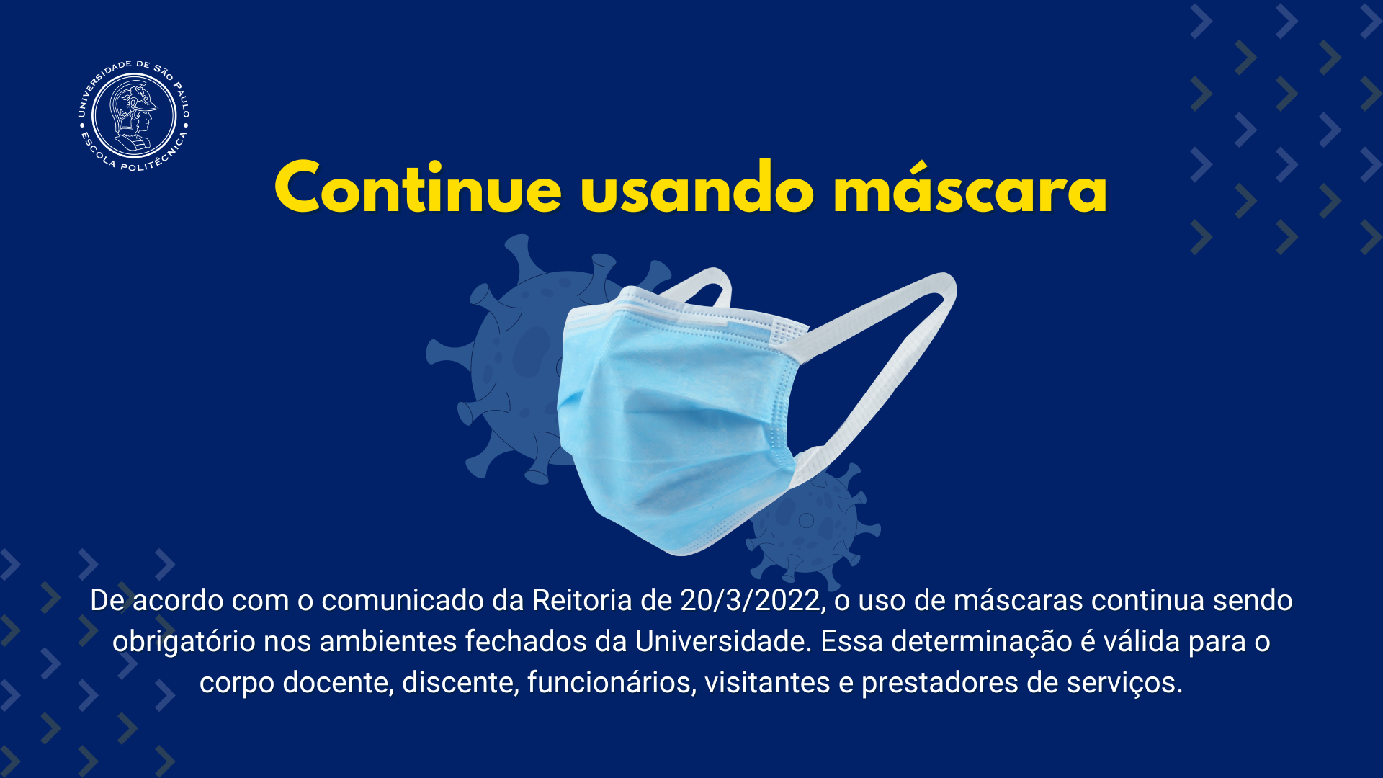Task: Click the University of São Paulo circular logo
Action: coord(133,115)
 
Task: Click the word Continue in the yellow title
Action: coord(418,187)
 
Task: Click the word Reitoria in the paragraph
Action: coord(582,600)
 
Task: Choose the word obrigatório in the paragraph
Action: coord(184,641)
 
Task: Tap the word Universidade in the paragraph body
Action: coord(722,641)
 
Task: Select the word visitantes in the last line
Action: coord(767,682)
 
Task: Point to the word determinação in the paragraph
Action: coord(982,641)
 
